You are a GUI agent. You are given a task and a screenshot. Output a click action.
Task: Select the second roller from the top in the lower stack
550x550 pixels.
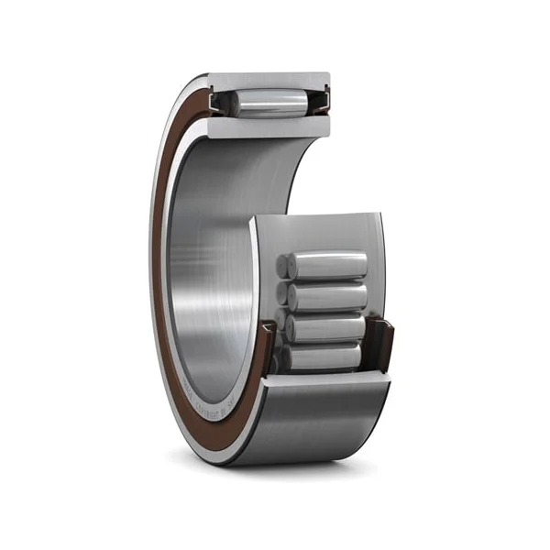pyautogui.click(x=328, y=296)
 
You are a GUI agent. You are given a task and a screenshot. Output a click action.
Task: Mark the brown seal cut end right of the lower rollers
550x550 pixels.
pyautogui.click(x=386, y=344)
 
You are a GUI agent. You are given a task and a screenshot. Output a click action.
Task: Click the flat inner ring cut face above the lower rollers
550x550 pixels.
pyautogui.click(x=316, y=229)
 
